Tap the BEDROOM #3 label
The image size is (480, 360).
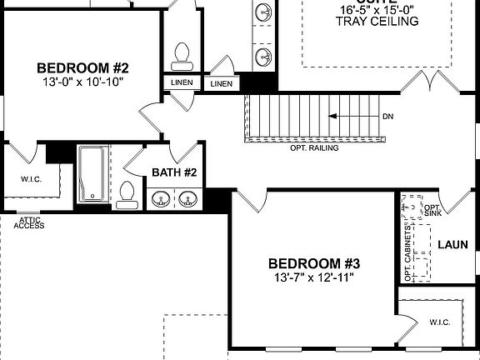[x=312, y=262]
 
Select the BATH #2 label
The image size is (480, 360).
[x=174, y=172]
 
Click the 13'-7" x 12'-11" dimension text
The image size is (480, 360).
[x=312, y=277]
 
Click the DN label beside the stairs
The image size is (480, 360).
[x=387, y=116]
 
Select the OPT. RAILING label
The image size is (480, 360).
[x=314, y=148]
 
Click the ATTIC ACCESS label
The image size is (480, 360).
[x=28, y=222]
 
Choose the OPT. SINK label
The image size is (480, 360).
[x=432, y=209]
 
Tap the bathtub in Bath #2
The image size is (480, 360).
[x=92, y=174]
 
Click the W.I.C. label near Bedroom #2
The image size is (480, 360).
[x=31, y=178]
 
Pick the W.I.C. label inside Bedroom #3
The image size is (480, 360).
[x=440, y=321]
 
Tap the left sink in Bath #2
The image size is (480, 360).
[x=160, y=199]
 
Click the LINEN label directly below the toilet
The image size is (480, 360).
[x=181, y=82]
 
